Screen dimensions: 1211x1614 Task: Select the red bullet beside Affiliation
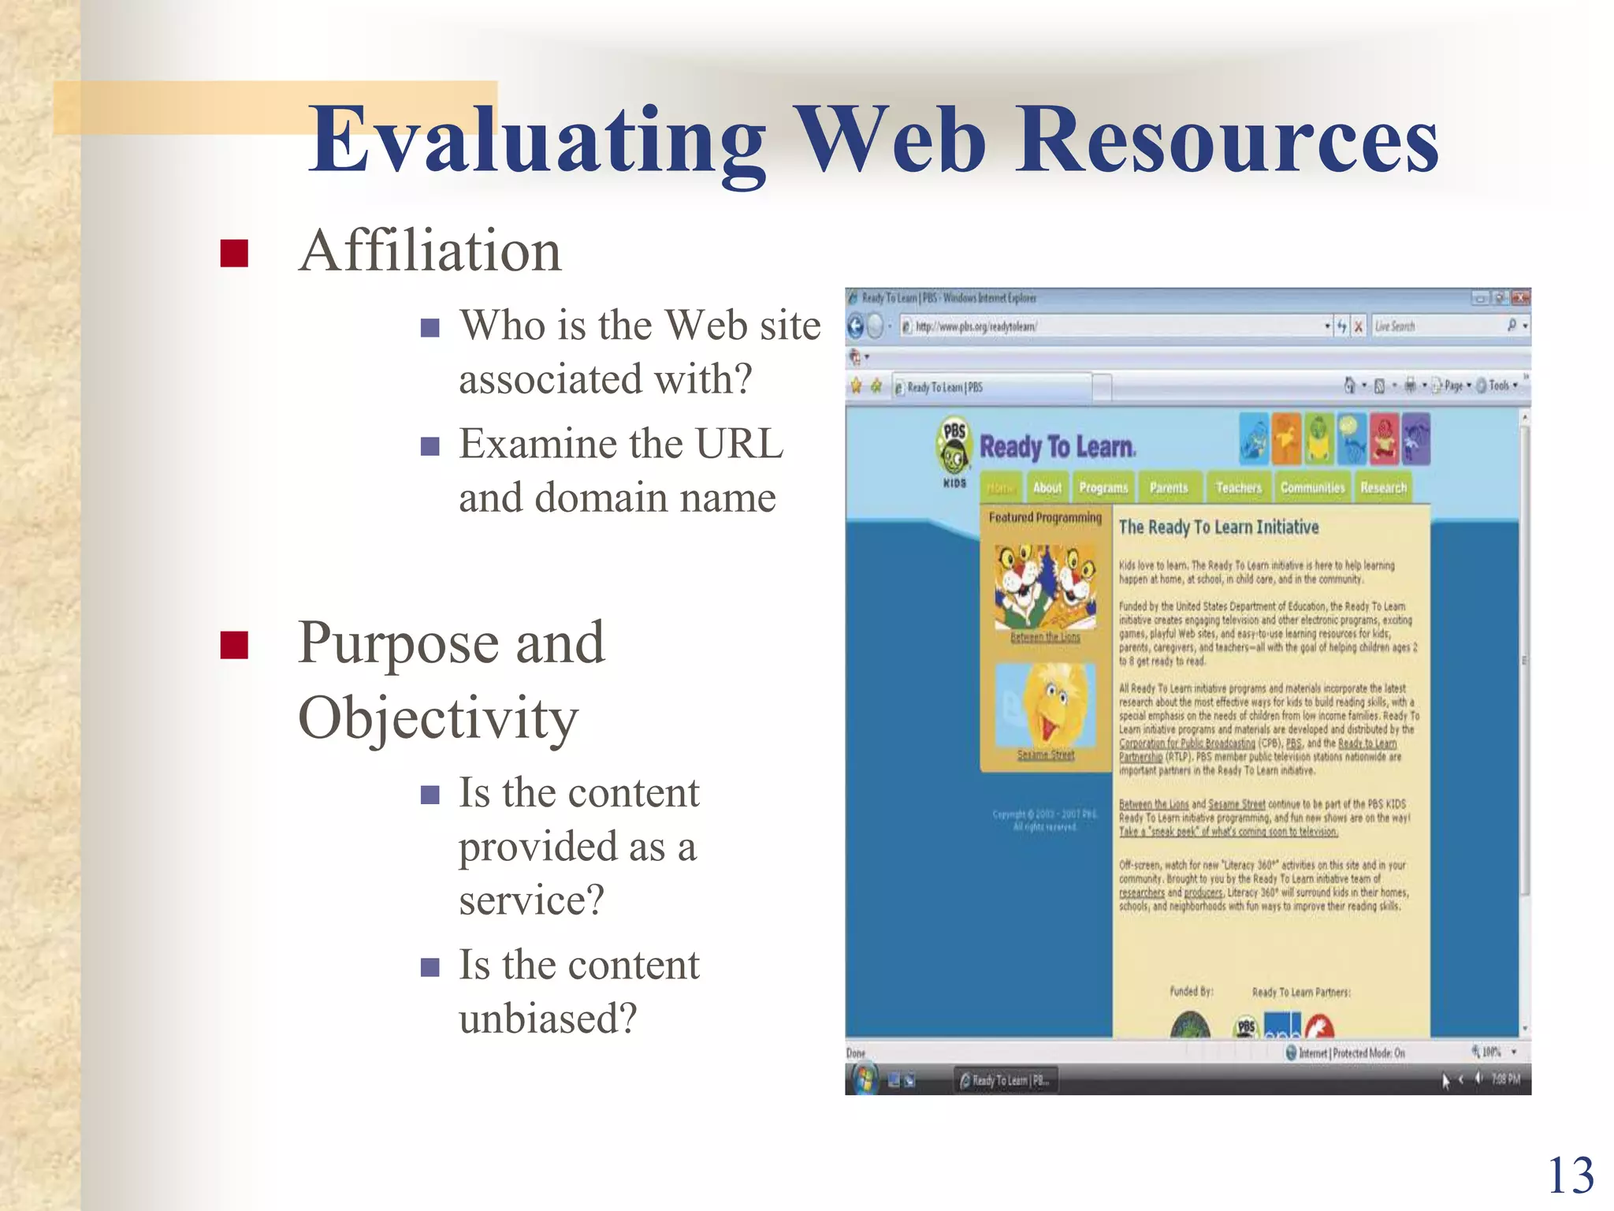click(x=234, y=254)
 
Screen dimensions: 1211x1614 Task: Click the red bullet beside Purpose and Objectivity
click(x=234, y=644)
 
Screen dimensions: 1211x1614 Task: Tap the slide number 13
click(x=1571, y=1176)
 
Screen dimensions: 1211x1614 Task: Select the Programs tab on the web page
click(x=1103, y=488)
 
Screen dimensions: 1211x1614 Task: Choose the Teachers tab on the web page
click(x=1238, y=488)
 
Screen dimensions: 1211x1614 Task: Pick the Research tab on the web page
click(x=1383, y=488)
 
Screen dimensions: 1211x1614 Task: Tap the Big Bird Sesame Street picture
click(x=1046, y=706)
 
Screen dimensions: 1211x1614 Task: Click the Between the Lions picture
click(x=1045, y=587)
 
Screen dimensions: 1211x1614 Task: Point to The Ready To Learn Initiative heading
click(x=1218, y=527)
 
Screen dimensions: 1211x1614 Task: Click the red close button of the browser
click(x=1520, y=298)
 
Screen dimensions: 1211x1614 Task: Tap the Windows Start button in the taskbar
click(x=864, y=1079)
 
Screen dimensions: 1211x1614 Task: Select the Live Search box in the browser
click(x=1438, y=326)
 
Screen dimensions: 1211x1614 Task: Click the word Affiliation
click(x=430, y=252)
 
